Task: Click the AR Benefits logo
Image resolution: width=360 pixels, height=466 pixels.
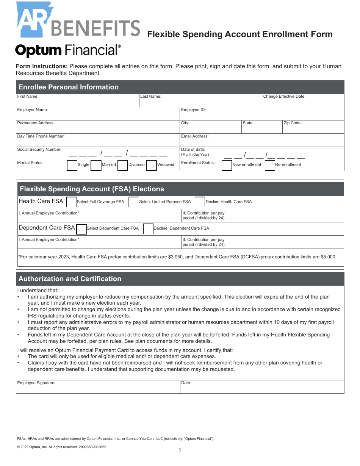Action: click(x=78, y=21)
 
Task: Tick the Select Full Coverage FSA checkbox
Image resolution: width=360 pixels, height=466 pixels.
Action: click(x=72, y=202)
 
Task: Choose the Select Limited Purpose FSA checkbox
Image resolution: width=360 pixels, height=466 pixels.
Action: click(x=134, y=202)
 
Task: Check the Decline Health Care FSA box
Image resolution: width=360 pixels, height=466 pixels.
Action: click(x=200, y=202)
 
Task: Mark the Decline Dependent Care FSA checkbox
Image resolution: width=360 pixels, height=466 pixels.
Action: click(x=148, y=229)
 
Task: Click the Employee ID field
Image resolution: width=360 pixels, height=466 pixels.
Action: click(x=261, y=115)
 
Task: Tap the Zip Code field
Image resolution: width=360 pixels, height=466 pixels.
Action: click(x=313, y=128)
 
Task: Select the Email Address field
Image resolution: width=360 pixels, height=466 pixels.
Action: click(x=261, y=142)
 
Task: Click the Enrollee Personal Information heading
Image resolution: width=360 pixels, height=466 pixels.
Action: click(x=69, y=87)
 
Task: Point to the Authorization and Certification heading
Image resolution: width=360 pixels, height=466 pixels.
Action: click(x=70, y=279)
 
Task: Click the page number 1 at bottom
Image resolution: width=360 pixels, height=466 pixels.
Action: click(x=180, y=450)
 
